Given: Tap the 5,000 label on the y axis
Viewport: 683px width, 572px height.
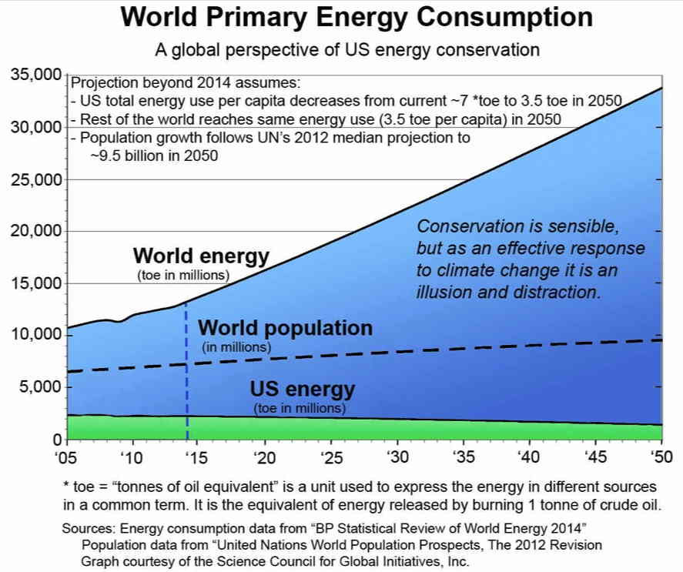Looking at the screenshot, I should (x=38, y=386).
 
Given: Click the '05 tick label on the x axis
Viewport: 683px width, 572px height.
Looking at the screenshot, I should (x=67, y=457).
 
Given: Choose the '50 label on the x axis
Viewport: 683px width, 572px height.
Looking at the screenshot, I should (x=661, y=457).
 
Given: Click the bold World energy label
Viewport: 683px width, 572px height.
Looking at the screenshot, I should (x=201, y=256).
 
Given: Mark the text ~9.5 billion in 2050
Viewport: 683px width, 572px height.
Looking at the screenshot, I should (x=155, y=155).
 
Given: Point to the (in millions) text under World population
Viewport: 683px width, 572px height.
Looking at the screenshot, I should (x=236, y=348).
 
